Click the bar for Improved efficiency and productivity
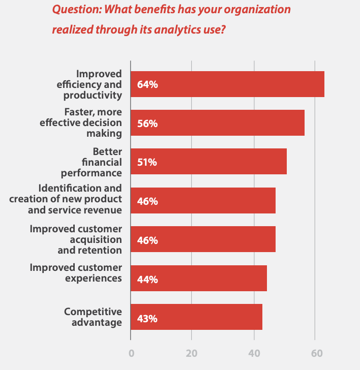(x=227, y=84)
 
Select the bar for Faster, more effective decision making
(x=218, y=124)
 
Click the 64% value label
(x=147, y=85)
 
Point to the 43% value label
(x=147, y=319)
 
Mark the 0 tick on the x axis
(x=131, y=353)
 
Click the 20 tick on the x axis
(x=192, y=353)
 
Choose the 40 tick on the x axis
(x=254, y=353)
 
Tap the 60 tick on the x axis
(x=315, y=353)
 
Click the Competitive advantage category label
(x=93, y=317)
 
